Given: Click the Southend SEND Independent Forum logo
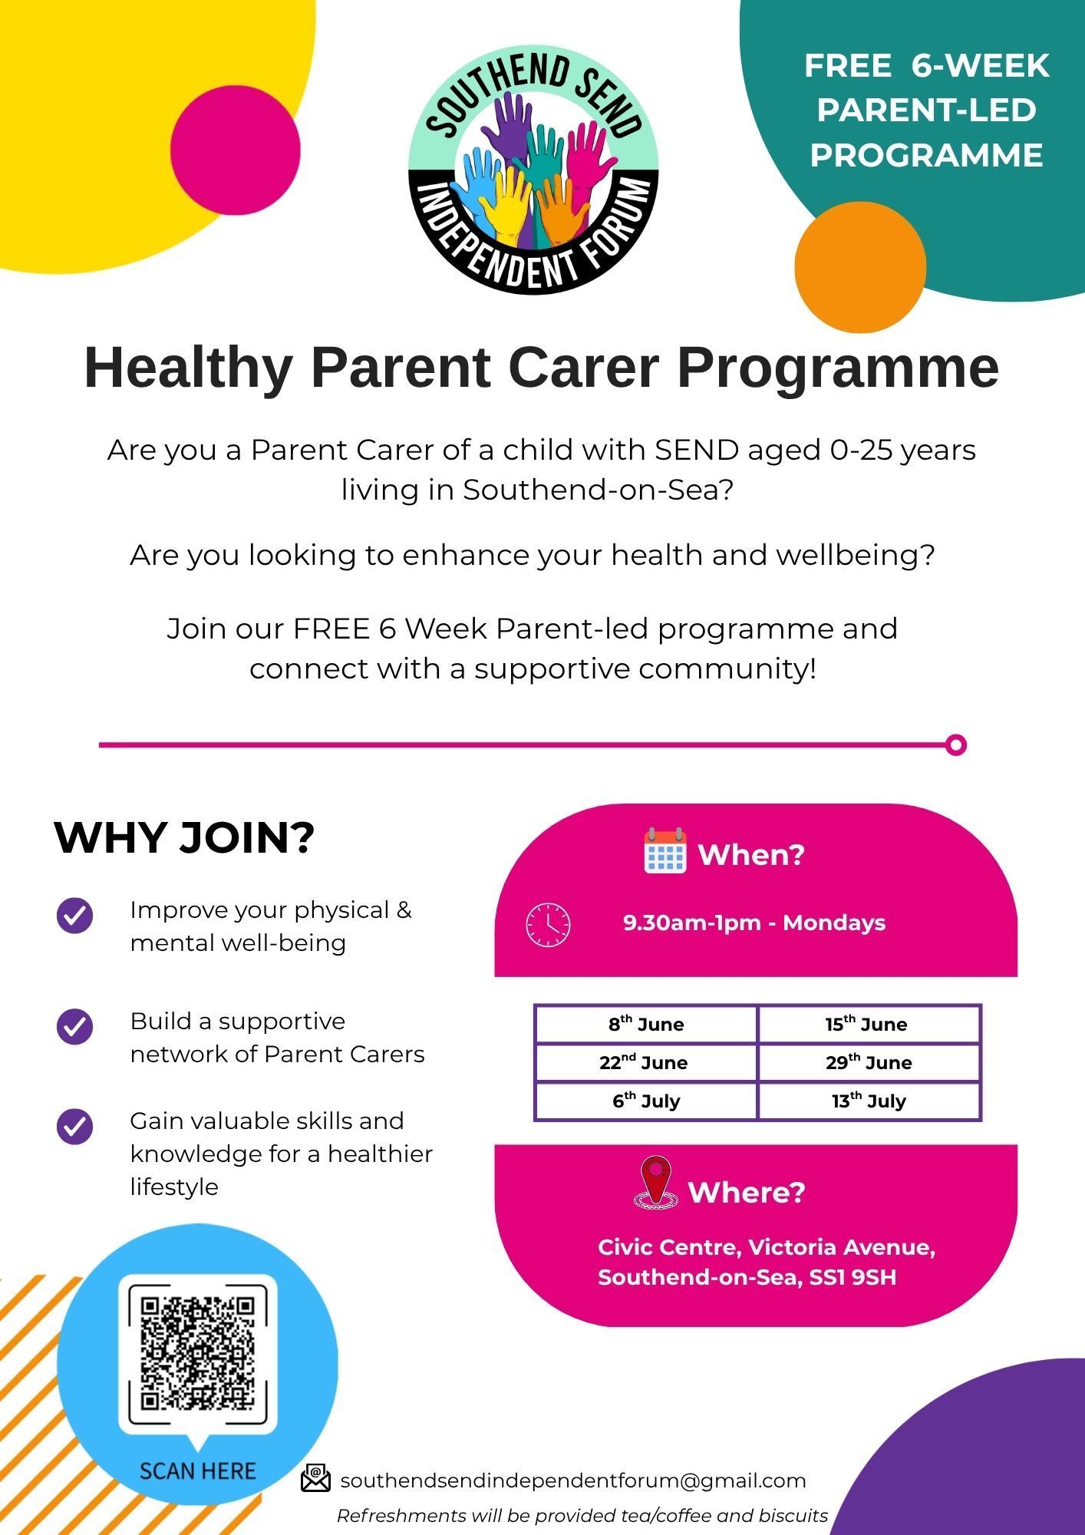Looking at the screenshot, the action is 533,169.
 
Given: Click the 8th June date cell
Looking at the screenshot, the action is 646,1024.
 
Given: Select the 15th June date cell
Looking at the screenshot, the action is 869,1024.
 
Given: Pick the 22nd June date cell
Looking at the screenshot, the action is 646,1062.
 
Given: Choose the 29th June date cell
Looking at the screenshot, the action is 869,1062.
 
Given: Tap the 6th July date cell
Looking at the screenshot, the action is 646,1101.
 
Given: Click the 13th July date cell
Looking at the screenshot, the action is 869,1101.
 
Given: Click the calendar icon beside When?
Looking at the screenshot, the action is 665,850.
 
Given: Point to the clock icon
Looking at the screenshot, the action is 548,924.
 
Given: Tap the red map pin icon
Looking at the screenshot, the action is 656,1184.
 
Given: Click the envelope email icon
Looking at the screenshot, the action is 315,1478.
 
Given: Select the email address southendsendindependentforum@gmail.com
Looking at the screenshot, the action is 573,1481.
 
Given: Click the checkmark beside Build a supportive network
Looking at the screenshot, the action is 74,1026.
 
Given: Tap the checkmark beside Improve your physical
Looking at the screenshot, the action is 74,915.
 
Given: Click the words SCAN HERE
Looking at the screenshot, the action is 198,1471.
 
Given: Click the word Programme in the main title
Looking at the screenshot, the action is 838,369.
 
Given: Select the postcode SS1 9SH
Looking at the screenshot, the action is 852,1277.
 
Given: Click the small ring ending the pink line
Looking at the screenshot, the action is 956,744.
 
